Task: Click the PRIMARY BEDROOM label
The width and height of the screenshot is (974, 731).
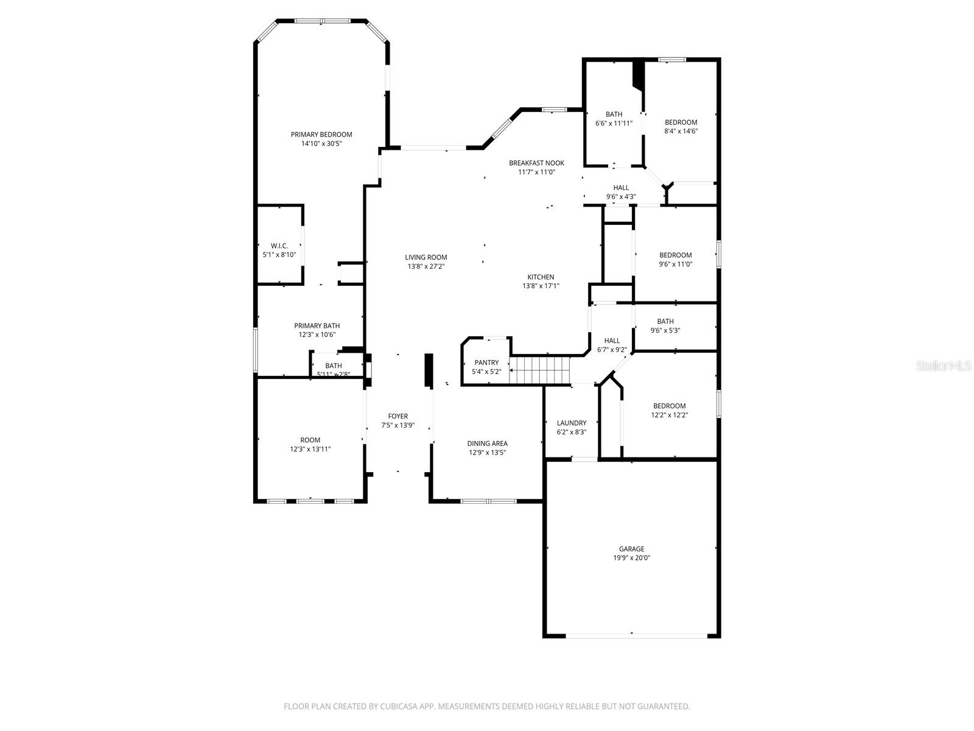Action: [x=321, y=135]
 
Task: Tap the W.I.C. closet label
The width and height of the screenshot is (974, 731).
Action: [x=279, y=245]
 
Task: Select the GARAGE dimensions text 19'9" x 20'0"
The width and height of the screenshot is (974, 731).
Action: [x=631, y=558]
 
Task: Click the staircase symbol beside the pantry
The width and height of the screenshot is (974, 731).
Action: [x=539, y=370]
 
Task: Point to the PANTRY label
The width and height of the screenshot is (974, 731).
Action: [x=486, y=362]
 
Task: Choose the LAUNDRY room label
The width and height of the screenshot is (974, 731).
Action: [x=571, y=423]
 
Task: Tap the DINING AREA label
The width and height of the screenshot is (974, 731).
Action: [x=487, y=443]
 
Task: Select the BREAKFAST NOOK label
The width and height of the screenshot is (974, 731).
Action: [x=536, y=163]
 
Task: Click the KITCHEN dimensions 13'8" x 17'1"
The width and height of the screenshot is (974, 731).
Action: [x=541, y=286]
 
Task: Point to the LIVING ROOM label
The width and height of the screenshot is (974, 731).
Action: [x=426, y=257]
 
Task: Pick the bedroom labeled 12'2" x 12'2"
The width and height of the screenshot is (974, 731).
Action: [x=669, y=410]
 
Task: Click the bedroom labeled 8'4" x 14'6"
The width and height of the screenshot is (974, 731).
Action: [x=681, y=126]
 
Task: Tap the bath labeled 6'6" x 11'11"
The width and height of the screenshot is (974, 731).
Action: [x=614, y=118]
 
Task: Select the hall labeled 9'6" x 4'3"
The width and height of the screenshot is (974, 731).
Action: [x=621, y=192]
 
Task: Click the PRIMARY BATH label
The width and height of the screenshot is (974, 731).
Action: [x=317, y=326]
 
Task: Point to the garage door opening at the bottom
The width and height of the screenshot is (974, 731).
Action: [x=636, y=636]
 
